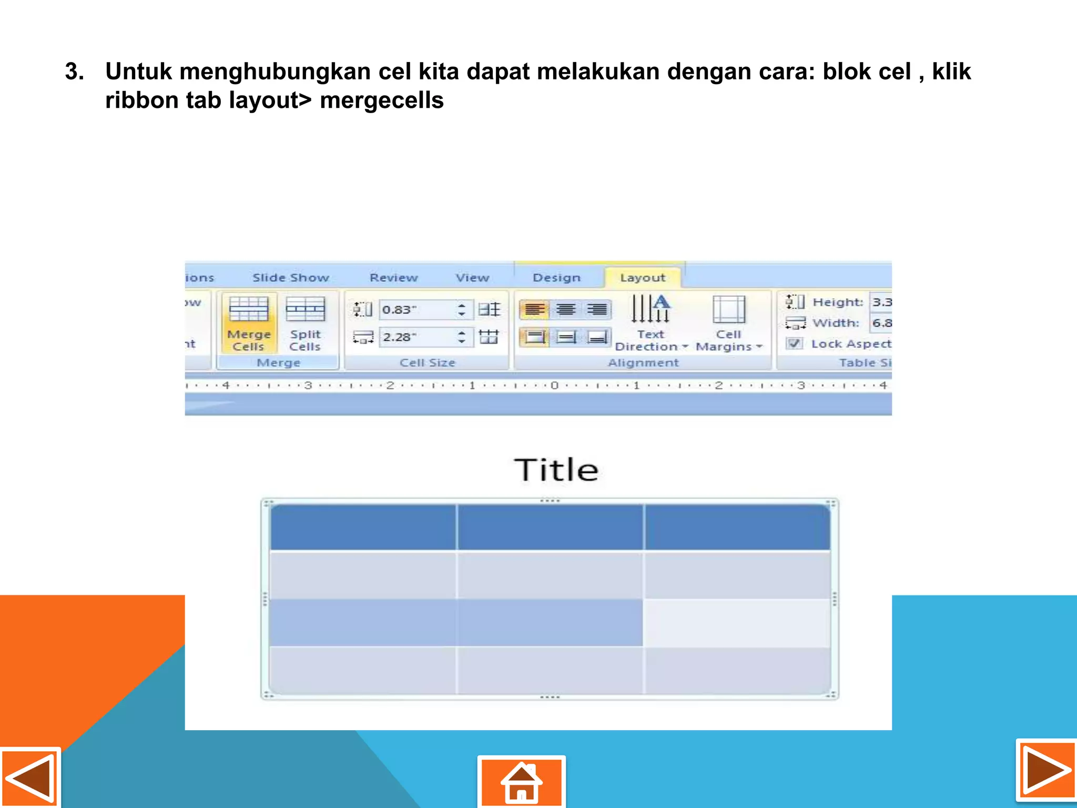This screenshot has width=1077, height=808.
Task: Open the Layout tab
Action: click(643, 278)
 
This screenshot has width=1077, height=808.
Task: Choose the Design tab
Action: click(556, 278)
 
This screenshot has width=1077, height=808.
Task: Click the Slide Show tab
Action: click(291, 278)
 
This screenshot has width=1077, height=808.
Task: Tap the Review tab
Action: click(393, 278)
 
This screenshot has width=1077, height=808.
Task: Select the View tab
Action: click(472, 278)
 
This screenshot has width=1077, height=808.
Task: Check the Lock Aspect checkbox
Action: click(795, 344)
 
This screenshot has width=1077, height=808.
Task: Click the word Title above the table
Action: click(556, 470)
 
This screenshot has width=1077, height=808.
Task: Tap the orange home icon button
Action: click(521, 782)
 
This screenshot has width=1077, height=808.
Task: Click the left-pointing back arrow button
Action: click(30, 778)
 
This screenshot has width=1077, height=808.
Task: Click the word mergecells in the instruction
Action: click(382, 100)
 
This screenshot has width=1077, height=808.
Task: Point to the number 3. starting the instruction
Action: click(74, 72)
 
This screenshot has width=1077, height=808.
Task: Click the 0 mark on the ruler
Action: click(554, 386)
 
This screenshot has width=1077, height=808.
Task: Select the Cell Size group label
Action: click(427, 362)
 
